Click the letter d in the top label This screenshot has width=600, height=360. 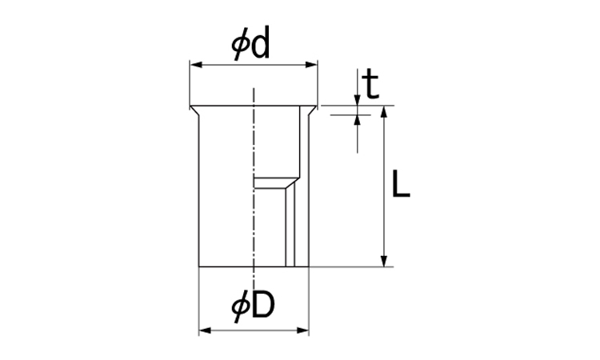tap(261, 43)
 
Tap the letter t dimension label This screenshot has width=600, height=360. tap(370, 85)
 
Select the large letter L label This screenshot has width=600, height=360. tap(401, 184)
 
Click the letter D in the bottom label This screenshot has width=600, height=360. tap(264, 305)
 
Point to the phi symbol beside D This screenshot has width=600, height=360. tap(241, 307)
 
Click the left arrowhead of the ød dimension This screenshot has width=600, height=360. tap(196, 65)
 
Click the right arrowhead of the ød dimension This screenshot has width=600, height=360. tap(312, 65)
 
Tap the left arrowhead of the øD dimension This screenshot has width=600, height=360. tap(205, 330)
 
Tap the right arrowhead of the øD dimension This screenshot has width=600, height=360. tap(303, 330)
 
